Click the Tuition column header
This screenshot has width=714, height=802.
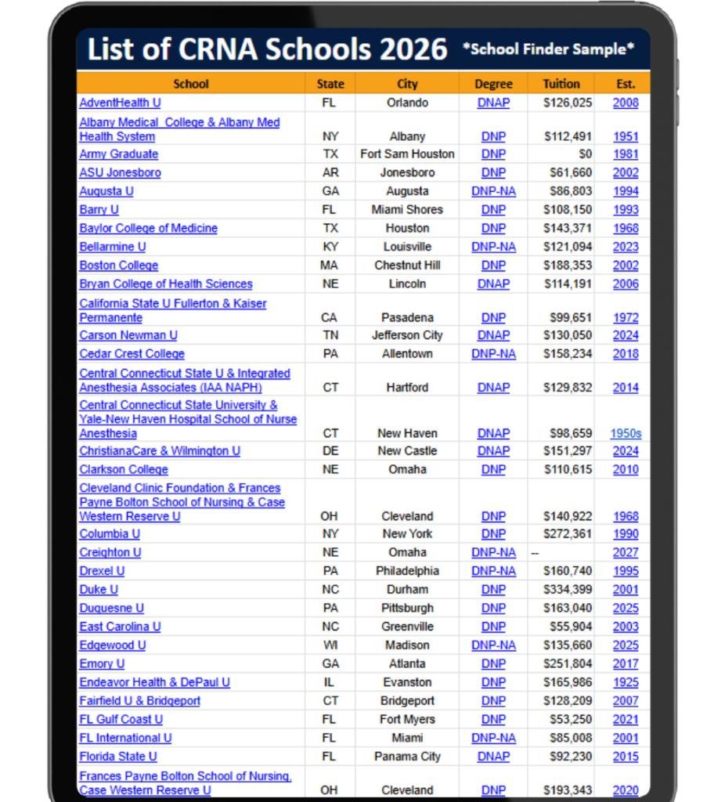[561, 84]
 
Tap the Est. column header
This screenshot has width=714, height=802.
[626, 84]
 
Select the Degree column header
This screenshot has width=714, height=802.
[493, 84]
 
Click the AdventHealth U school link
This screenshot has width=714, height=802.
[120, 103]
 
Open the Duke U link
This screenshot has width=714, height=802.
[98, 590]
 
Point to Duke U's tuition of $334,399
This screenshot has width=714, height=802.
[568, 590]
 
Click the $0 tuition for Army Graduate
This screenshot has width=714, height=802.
[585, 154]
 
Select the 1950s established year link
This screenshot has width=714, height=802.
[626, 433]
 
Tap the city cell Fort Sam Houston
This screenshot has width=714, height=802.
[407, 154]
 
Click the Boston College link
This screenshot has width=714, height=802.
[118, 266]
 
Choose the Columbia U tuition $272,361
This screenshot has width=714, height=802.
[568, 534]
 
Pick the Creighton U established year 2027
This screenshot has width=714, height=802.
[626, 553]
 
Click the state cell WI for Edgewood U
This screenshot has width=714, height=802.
[330, 645]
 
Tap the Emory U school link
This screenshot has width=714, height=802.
[102, 664]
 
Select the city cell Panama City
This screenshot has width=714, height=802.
[407, 757]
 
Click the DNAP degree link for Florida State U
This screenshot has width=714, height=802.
[493, 757]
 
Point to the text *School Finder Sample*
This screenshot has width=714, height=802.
[548, 49]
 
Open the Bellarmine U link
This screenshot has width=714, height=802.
[112, 247]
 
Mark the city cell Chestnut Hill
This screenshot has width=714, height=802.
[407, 266]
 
